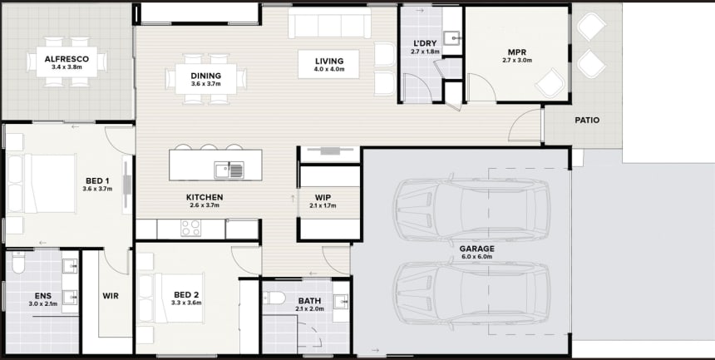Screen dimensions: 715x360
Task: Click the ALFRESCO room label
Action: click(67, 59)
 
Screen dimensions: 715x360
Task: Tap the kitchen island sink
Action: click(229, 170)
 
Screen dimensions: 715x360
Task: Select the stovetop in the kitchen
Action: click(190, 228)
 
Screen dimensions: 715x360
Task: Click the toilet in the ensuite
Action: click(18, 263)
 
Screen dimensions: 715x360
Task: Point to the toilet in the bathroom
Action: click(274, 298)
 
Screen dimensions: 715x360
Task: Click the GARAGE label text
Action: click(476, 249)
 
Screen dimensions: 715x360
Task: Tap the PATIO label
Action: click(587, 121)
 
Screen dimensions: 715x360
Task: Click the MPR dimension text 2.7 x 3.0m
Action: click(517, 60)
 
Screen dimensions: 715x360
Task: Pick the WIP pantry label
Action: click(323, 198)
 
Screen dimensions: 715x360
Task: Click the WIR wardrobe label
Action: click(111, 296)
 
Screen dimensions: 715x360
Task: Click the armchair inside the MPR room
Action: click(550, 83)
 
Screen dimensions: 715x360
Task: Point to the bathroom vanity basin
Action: click(341, 301)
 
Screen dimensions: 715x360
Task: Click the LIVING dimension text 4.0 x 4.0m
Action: click(329, 69)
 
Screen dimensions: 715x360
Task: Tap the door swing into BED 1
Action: click(120, 140)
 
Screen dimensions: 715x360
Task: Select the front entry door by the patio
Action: click(525, 125)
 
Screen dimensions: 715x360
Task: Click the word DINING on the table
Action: click(205, 76)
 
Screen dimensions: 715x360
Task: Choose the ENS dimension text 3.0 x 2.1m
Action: click(43, 303)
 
